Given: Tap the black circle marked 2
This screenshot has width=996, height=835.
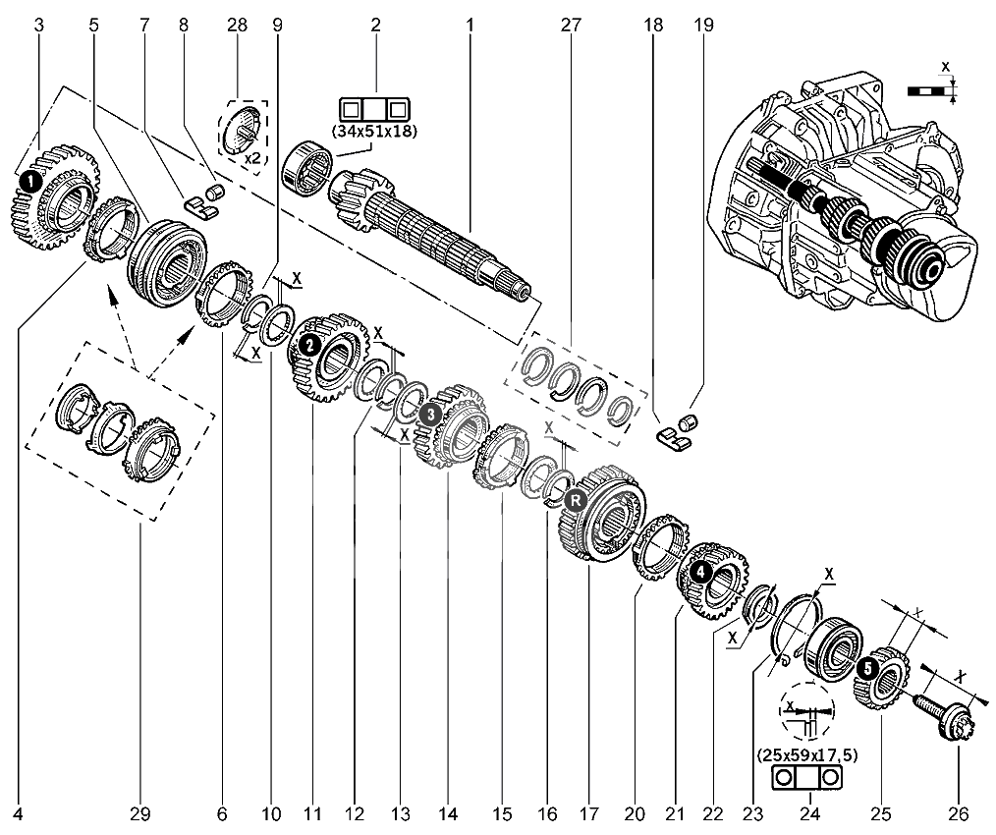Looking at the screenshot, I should click(308, 345).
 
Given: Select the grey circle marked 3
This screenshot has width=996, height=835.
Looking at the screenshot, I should click(428, 416).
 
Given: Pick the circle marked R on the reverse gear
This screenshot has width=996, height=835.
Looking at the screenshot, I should click(576, 500).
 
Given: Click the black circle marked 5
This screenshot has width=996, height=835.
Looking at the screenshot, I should click(867, 668).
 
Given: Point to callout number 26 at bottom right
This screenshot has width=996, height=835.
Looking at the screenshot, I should click(959, 813).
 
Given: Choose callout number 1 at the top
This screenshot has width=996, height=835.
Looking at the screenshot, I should click(470, 26).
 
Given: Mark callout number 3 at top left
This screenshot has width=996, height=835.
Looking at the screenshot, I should click(38, 26).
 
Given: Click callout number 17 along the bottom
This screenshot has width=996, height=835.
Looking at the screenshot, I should click(588, 813).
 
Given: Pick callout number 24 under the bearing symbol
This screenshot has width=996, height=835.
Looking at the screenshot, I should click(810, 813).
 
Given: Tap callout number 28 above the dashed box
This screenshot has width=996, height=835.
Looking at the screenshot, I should click(239, 26).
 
